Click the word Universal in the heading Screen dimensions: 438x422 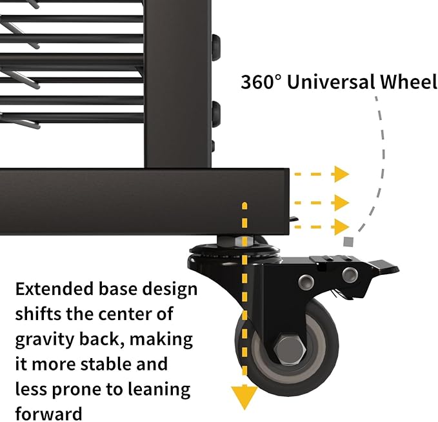tap(331, 82)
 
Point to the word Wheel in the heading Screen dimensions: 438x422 tap(408, 82)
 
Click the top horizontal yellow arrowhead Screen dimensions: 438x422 tap(341, 174)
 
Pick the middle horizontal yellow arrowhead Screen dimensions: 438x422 tap(341, 203)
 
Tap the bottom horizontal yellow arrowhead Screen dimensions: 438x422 tap(341, 227)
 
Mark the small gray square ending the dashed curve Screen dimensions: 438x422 tap(348, 242)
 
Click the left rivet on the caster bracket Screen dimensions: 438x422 tap(306, 281)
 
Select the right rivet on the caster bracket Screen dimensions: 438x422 tap(350, 274)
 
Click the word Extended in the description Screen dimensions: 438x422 tap(54, 288)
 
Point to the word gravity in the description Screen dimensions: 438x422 tap(45, 340)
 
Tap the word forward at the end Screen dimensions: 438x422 tap(48, 414)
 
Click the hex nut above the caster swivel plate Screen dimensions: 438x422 tap(244, 241)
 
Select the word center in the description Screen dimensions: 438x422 tap(123, 314)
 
